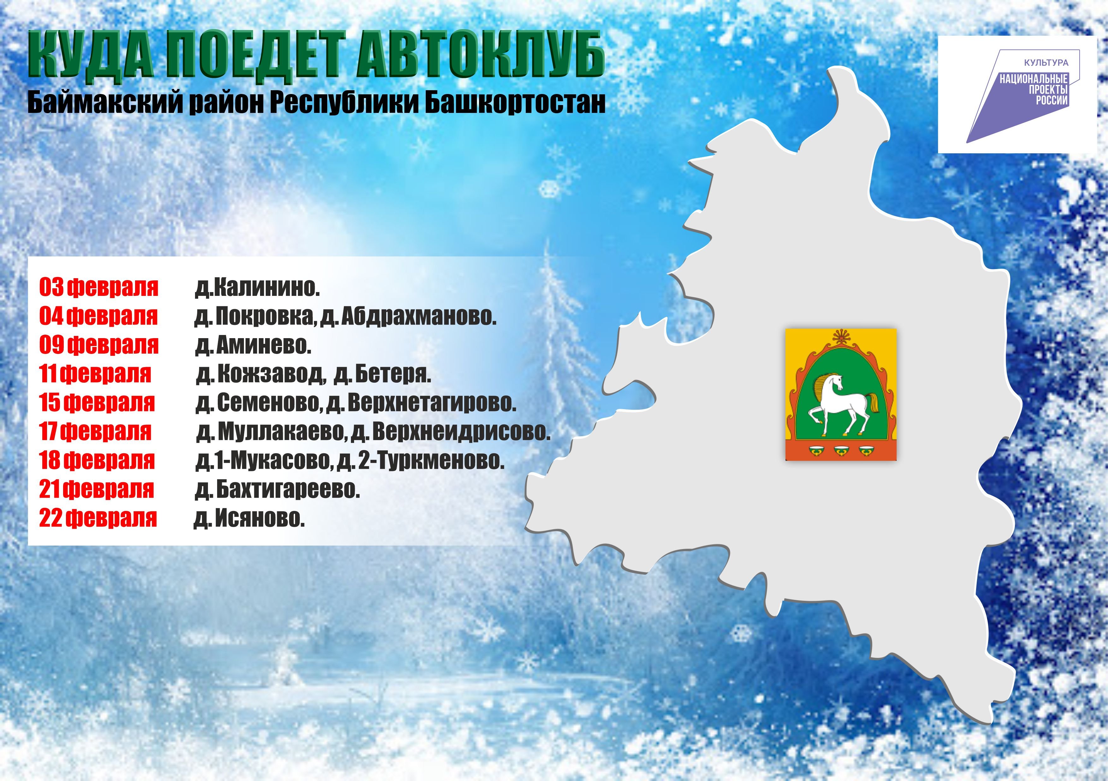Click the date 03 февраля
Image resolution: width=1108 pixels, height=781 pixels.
(99, 287)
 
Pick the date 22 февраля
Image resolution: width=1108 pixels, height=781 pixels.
(98, 518)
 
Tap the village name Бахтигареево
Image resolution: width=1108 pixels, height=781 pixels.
(288, 490)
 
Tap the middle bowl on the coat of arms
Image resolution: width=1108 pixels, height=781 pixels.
(841, 450)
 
